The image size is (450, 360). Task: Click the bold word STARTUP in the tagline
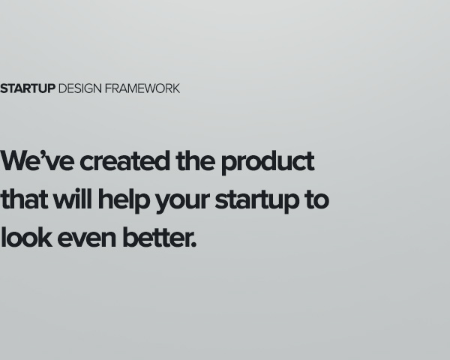point(28,88)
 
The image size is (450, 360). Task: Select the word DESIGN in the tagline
point(80,88)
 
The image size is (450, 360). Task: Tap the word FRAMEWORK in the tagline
point(142,88)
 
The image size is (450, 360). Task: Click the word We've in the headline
point(37,160)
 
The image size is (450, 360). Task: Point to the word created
point(124,160)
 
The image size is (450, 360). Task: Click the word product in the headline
point(268,162)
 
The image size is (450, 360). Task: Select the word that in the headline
point(24,199)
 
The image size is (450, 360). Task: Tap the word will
point(73,199)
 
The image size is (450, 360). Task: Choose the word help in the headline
point(124,201)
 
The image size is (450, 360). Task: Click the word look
point(26,237)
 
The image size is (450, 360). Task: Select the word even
point(87,239)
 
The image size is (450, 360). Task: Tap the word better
point(156,237)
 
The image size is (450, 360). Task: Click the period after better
point(193,244)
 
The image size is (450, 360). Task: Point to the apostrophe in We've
point(43,154)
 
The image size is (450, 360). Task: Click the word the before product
point(196,160)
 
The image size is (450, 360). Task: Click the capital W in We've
point(13,161)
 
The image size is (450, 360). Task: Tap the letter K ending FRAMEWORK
point(176,88)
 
